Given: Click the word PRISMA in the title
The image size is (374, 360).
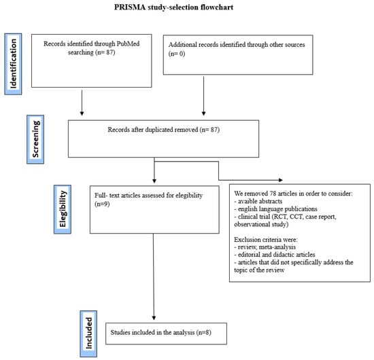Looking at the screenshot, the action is (130, 7).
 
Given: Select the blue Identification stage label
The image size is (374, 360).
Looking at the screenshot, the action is (13, 64).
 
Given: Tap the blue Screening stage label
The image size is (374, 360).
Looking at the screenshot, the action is (35, 139).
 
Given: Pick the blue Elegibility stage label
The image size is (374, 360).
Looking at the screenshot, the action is (63, 209).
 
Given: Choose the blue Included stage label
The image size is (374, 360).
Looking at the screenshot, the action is (88, 334).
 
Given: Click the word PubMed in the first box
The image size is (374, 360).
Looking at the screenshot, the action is (128, 44).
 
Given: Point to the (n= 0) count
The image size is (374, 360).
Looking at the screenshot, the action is (177, 54).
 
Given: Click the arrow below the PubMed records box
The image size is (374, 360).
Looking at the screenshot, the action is (82, 103).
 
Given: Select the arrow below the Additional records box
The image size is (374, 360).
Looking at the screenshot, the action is (204, 96).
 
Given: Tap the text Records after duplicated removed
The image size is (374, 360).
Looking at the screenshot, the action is (153, 130).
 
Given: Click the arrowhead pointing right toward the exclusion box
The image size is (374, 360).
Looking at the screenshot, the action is (281, 180).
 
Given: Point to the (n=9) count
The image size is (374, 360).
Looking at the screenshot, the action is (102, 204).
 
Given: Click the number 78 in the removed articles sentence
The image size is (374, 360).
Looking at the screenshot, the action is (273, 193).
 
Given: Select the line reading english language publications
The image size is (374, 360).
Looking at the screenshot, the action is (275, 209).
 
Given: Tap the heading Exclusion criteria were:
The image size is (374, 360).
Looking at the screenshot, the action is (266, 240).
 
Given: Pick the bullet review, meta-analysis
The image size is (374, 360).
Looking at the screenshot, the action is (265, 247).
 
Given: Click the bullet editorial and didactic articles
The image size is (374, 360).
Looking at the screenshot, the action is (275, 255).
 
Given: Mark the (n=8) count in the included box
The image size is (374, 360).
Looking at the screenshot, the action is (204, 332).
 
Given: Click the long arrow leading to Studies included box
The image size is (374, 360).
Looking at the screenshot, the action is (154, 276).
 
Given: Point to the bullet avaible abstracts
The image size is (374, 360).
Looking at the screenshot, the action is (258, 201).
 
